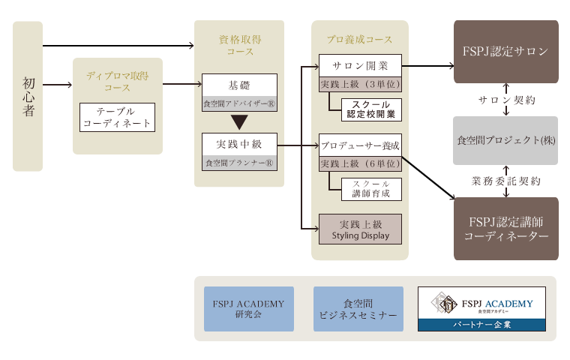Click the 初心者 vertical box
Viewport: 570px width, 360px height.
28,96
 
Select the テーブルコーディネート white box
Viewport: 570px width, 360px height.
118,117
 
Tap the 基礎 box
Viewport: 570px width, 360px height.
239,85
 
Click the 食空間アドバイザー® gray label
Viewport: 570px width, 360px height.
239,104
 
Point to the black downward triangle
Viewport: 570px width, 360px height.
239,121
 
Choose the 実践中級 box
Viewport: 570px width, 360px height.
239,144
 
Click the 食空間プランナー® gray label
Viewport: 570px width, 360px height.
239,163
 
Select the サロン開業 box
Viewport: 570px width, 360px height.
360,66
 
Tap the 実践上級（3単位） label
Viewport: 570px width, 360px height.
360,84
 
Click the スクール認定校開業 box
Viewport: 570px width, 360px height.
371,109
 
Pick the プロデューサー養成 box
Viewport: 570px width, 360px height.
360,145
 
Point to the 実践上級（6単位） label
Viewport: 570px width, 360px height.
360,164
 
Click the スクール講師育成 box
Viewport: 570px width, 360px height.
371,189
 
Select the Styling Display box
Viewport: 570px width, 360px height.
360,229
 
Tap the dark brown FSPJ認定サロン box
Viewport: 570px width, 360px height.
506,52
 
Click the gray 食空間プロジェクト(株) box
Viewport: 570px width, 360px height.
505,140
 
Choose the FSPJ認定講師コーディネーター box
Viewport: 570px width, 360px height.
506,229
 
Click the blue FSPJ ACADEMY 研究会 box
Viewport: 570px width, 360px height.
249,309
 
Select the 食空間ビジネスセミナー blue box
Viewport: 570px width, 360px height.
358,309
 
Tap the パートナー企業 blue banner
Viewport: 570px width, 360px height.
481,325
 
